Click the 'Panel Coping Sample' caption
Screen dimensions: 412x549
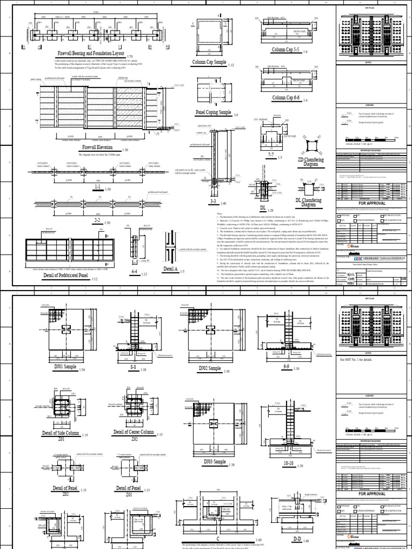pos(214,113)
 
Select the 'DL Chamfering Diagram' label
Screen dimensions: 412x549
pos(308,202)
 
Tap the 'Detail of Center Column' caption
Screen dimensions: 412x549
pos(134,432)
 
